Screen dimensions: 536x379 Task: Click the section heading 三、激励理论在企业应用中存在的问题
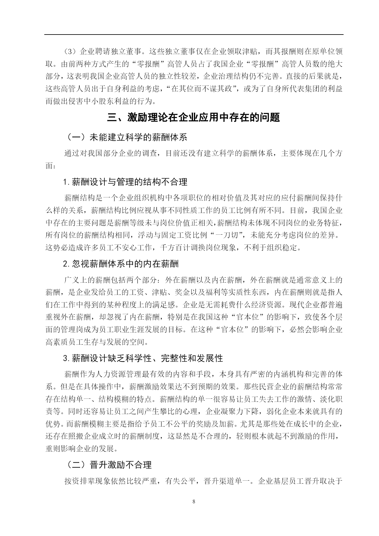click(x=194, y=118)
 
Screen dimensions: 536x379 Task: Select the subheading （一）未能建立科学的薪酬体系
click(x=126, y=137)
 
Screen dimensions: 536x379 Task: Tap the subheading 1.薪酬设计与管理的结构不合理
click(x=125, y=182)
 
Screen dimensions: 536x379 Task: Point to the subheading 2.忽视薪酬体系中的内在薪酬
click(x=121, y=263)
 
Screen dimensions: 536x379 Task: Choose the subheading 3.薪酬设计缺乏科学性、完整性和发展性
click(x=143, y=358)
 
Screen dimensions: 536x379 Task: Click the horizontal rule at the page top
click(x=194, y=34)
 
